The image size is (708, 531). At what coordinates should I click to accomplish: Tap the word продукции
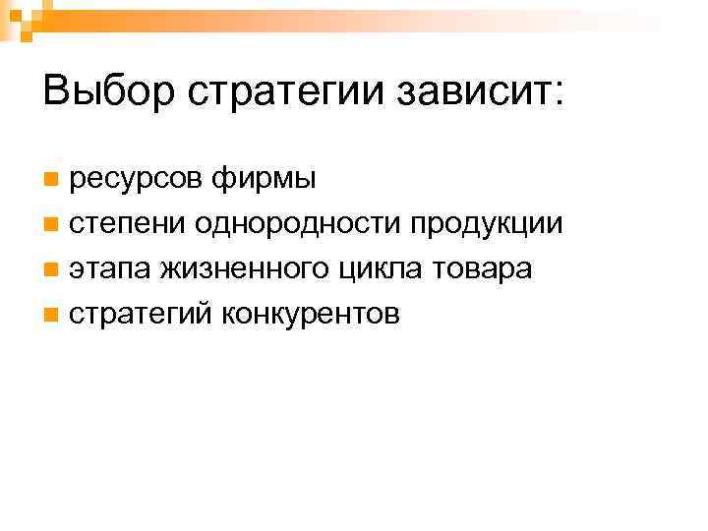(x=487, y=225)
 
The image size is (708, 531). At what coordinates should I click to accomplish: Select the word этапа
(x=110, y=270)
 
